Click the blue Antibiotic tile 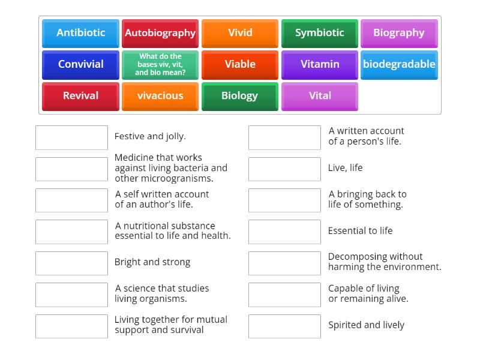coord(80,34)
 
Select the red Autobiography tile coord(160,34)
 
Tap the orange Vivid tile coord(240,34)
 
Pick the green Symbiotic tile coord(320,34)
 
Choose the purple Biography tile coord(399,34)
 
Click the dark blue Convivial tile coord(80,65)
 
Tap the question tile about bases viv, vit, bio coord(160,65)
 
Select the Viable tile coord(240,65)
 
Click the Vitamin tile coord(320,65)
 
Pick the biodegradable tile coord(399,65)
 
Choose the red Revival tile coord(80,96)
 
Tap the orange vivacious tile coord(160,96)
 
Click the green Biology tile coord(240,96)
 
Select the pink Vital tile coord(320,96)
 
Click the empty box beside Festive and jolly coord(71,137)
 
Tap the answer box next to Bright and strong coord(71,263)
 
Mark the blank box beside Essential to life coord(284,232)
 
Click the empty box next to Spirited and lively coord(284,326)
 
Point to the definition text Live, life coord(345,168)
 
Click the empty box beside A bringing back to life coord(284,200)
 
